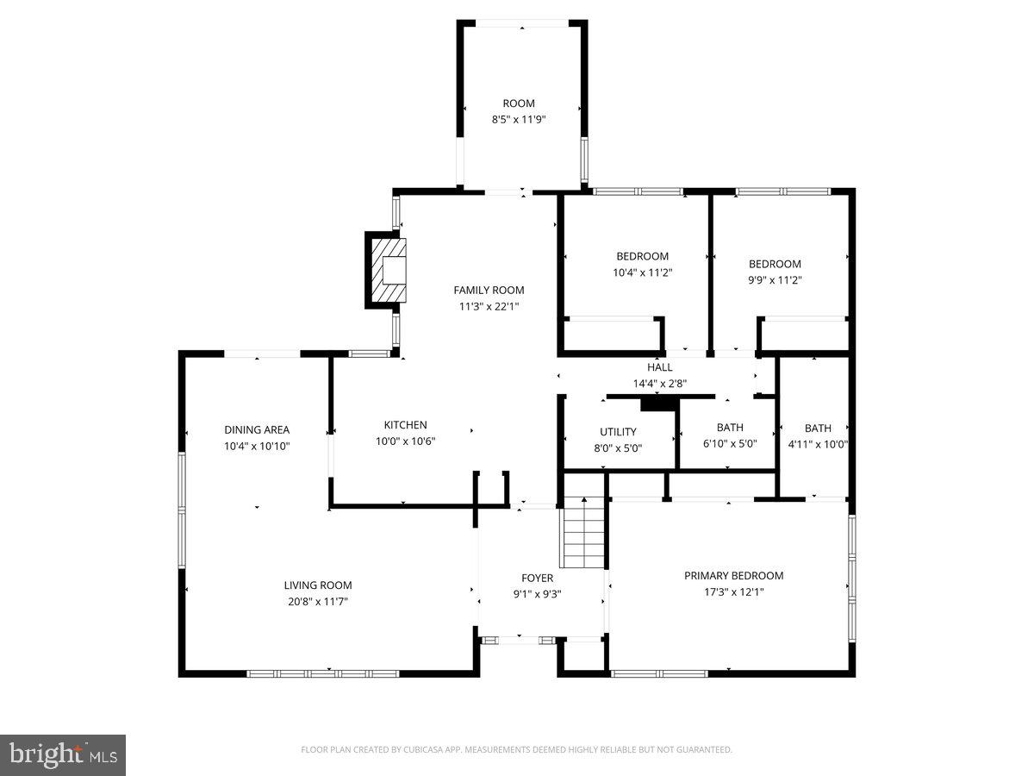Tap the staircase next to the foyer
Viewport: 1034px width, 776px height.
(584, 533)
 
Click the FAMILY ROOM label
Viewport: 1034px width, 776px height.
(489, 291)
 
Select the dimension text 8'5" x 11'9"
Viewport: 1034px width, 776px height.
(519, 120)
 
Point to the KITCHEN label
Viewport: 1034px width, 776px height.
(405, 425)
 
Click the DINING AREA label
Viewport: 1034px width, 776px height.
(257, 430)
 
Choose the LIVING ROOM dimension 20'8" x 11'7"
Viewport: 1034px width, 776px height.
(318, 602)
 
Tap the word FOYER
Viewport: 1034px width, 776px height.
(537, 579)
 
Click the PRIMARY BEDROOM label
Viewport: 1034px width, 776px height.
(733, 576)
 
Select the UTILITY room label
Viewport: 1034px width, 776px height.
(618, 432)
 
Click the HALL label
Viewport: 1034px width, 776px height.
(660, 367)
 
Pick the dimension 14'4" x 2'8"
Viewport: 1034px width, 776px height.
(660, 384)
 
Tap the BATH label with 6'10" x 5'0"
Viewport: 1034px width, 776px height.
(730, 428)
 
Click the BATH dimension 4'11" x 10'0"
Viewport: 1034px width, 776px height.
(818, 445)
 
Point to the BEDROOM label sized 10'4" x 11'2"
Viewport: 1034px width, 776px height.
(642, 256)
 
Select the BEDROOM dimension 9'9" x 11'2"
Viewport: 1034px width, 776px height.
(775, 280)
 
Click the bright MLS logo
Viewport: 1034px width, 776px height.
(63, 754)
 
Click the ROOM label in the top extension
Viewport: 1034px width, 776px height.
(519, 103)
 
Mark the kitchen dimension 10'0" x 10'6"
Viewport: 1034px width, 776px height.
(405, 441)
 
